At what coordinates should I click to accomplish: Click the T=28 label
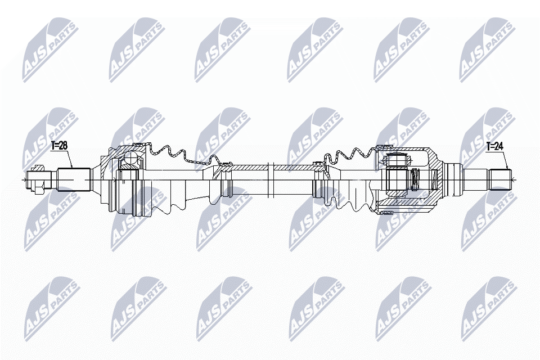[x=59, y=146]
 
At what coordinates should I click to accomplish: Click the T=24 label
[x=495, y=146]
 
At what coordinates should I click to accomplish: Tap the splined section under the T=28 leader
[x=74, y=179]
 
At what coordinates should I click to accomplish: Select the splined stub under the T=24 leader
[x=499, y=179]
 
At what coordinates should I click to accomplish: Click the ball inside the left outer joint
[x=130, y=159]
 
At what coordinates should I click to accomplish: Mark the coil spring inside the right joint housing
[x=415, y=179]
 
